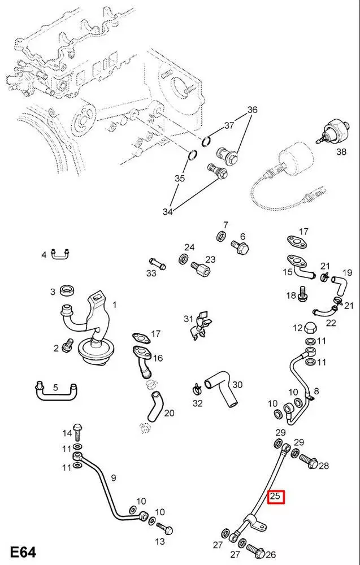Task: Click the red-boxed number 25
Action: click(x=276, y=497)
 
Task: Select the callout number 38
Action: click(x=341, y=151)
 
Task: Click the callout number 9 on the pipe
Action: click(x=113, y=478)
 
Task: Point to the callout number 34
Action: click(x=167, y=212)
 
